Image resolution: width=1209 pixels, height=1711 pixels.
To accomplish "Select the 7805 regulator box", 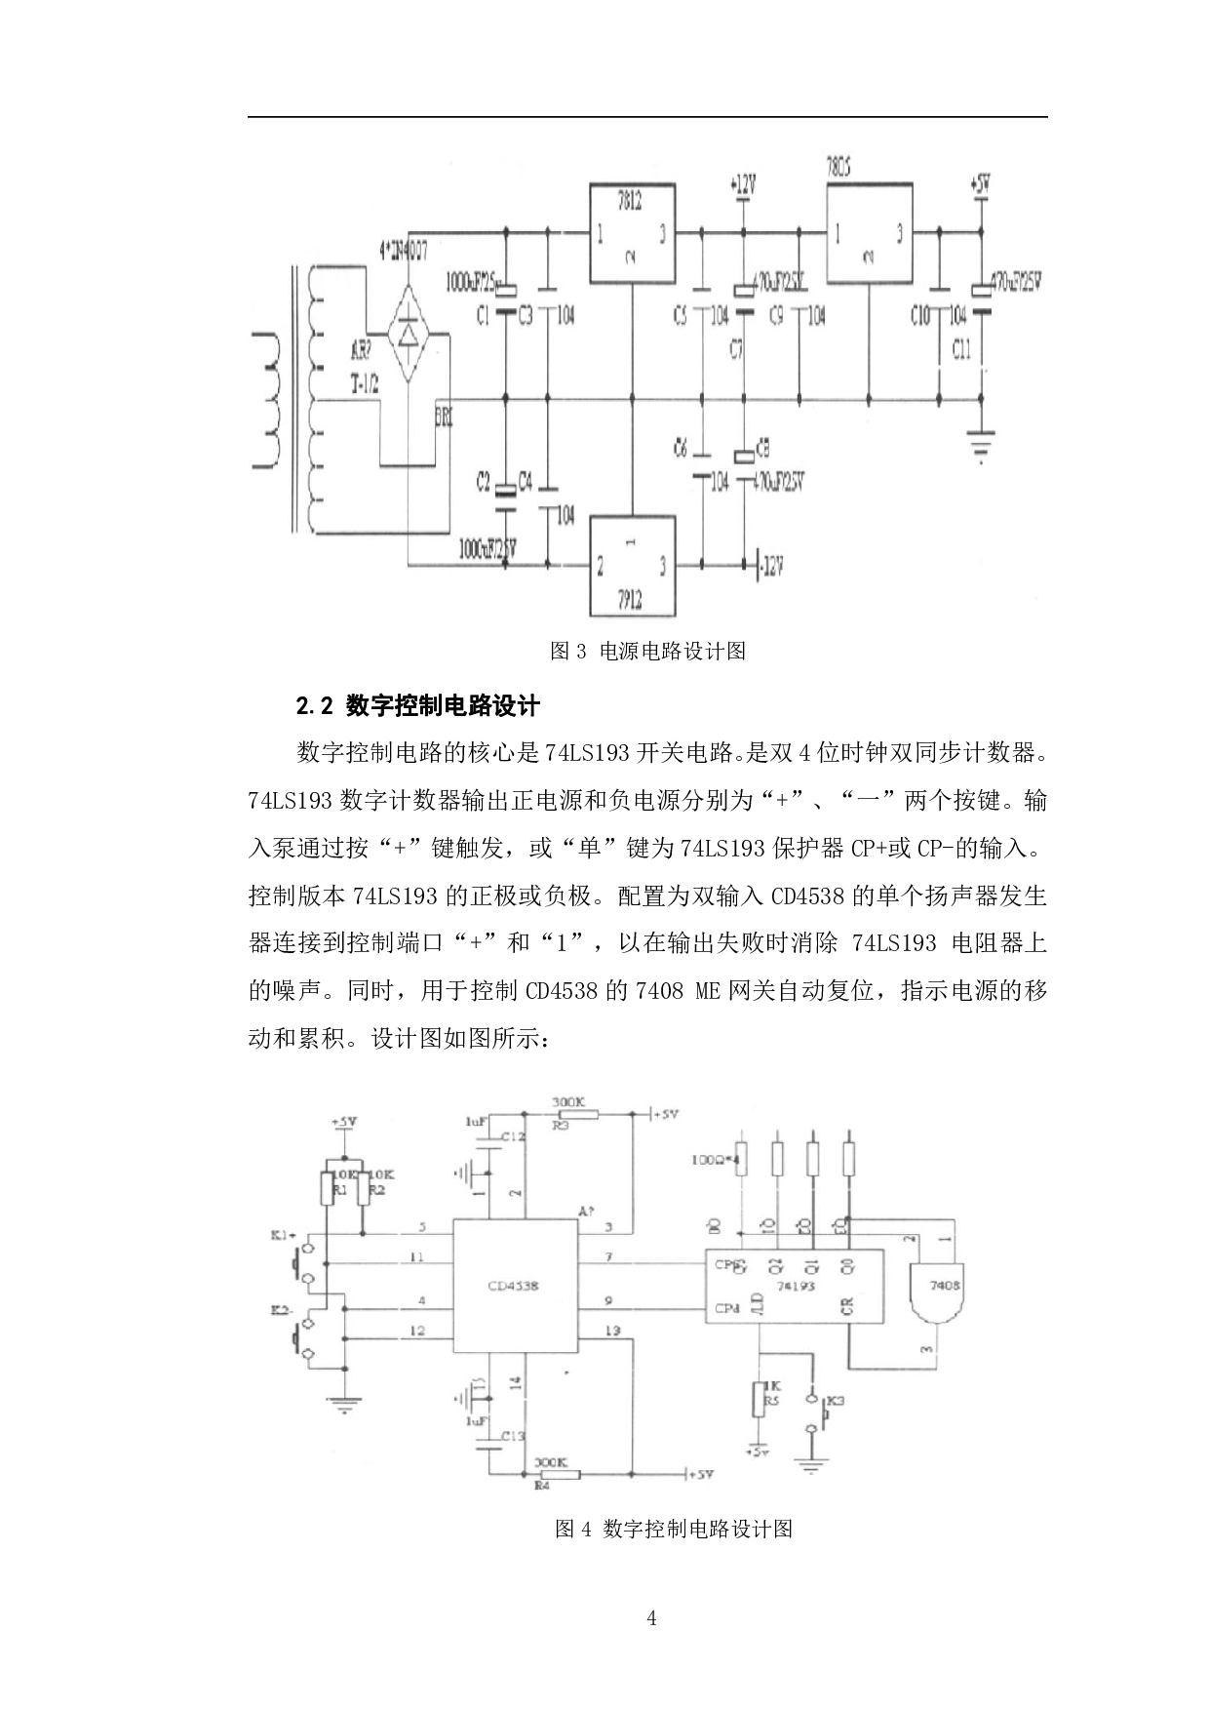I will point(870,234).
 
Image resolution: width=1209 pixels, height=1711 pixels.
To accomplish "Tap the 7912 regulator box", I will point(631,566).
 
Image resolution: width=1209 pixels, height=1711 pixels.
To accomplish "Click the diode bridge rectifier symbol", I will point(409,333).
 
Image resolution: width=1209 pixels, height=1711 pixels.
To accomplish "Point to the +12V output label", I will point(743,182).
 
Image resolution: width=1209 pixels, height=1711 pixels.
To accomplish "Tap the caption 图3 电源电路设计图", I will point(647,651).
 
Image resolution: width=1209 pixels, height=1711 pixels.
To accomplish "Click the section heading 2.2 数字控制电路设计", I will point(418,705).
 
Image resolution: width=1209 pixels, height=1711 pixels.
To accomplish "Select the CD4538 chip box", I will point(515,1285).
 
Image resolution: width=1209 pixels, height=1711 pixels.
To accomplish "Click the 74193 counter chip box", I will point(795,1285).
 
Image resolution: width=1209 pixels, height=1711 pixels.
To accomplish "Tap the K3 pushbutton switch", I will point(812,1413).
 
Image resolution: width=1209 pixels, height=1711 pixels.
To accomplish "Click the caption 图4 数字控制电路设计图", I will point(673,1529).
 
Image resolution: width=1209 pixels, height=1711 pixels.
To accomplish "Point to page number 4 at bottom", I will point(651,1618).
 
